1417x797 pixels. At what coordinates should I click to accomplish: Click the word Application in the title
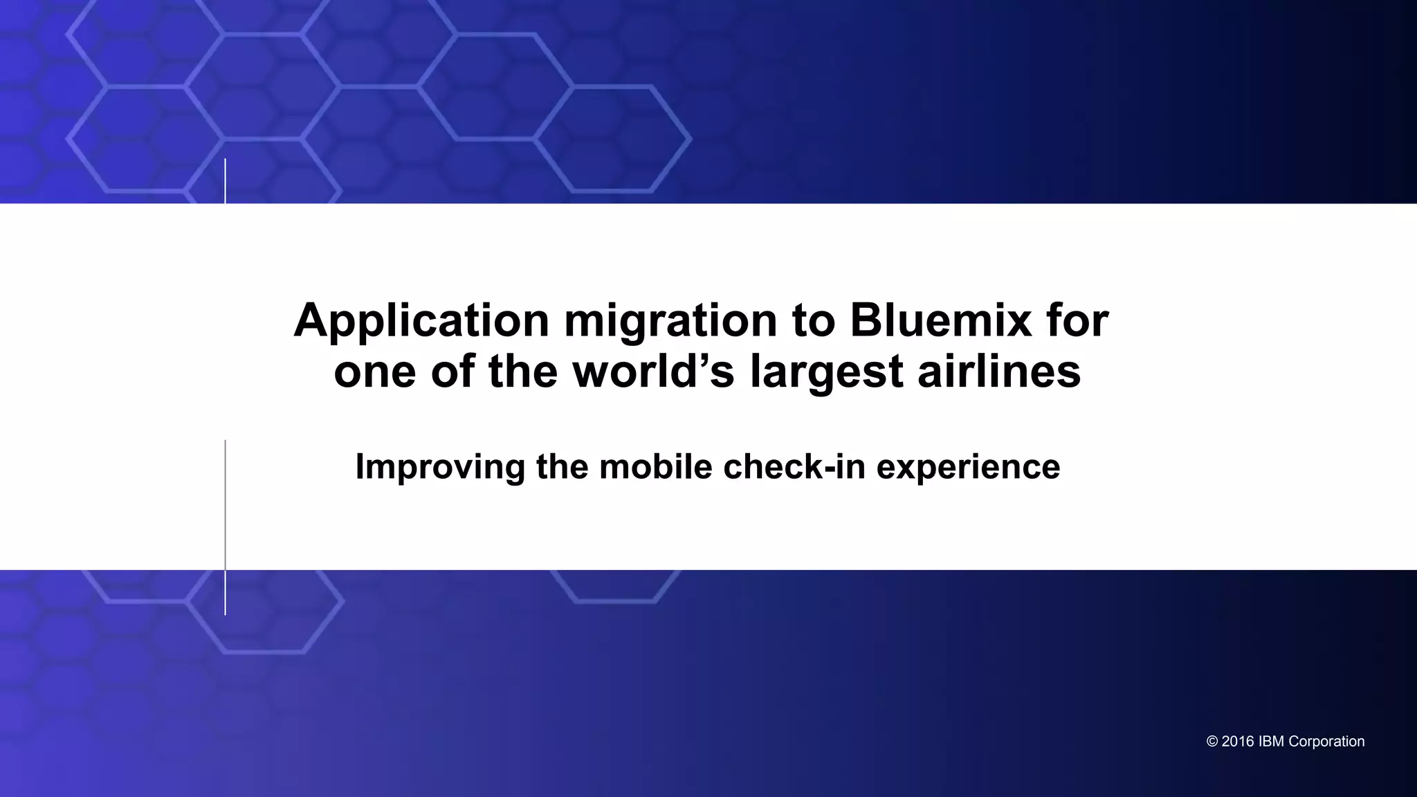421,321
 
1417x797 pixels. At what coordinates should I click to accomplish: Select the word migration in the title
670,321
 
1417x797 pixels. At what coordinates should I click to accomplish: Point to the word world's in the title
653,372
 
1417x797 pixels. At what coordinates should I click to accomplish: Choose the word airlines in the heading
998,372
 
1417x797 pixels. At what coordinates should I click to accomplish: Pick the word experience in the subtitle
968,467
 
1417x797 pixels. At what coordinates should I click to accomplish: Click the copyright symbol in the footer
1212,742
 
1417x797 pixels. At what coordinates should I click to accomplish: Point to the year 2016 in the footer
1237,742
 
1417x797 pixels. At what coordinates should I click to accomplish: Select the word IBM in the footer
1271,742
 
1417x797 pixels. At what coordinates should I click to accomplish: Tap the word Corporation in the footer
1326,742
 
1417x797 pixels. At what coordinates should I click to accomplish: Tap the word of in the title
452,372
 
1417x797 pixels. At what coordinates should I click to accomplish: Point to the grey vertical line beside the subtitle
225,526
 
